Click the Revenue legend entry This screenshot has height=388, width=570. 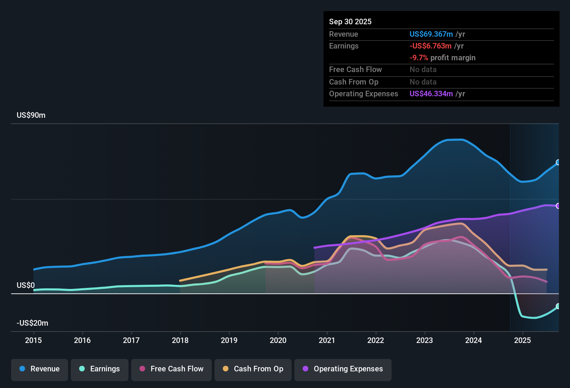40,369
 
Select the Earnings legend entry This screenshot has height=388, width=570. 100,369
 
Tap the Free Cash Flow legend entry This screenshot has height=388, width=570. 171,369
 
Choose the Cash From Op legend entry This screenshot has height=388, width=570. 253,369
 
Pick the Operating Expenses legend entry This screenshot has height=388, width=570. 343,369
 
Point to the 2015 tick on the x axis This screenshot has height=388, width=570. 33,340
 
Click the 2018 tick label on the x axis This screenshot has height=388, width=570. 180,340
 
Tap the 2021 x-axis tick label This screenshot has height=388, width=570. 327,340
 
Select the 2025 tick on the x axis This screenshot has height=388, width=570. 522,340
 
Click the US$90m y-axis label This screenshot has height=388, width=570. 31,115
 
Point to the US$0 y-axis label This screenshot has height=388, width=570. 26,285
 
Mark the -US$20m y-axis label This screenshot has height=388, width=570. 32,323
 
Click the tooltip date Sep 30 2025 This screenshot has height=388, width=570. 350,22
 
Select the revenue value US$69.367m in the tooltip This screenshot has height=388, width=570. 431,34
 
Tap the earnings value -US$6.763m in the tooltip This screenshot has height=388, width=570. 430,46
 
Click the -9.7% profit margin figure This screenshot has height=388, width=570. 419,58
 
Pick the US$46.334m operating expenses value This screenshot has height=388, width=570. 431,94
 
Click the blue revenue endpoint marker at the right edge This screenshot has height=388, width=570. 558,162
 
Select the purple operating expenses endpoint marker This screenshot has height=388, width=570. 558,206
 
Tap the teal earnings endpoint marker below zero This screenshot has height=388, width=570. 558,306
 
